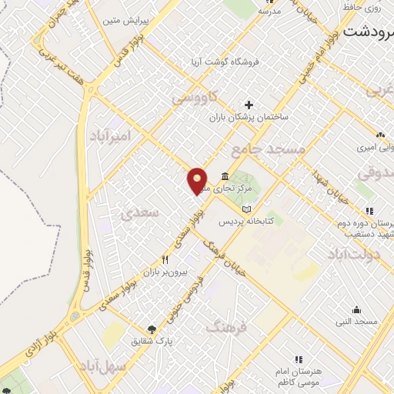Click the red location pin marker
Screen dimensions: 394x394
(198, 180)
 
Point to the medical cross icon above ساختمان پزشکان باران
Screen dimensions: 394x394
(248, 105)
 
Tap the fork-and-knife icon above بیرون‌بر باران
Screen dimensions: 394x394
(164, 259)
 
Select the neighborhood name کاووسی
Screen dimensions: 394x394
(195, 98)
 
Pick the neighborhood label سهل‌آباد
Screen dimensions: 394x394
(107, 366)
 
